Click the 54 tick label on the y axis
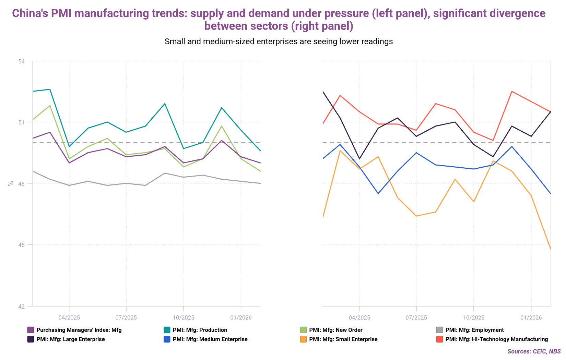pyautogui.click(x=22, y=61)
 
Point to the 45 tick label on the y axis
pyautogui.click(x=22, y=245)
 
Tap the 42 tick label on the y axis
pyautogui.click(x=22, y=306)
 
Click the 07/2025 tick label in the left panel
pyautogui.click(x=126, y=317)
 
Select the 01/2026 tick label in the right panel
pyautogui.click(x=531, y=317)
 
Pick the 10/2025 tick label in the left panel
pyautogui.click(x=183, y=317)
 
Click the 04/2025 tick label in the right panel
pyautogui.click(x=359, y=317)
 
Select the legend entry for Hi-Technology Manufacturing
pyautogui.click(x=496, y=339)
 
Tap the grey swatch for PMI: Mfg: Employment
pyautogui.click(x=439, y=330)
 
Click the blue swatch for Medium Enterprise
pyautogui.click(x=167, y=339)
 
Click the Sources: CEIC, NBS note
pyautogui.click(x=534, y=351)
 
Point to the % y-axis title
pyautogui.click(x=10, y=183)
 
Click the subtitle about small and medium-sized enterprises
pyautogui.click(x=279, y=41)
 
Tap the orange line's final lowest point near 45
pyautogui.click(x=551, y=249)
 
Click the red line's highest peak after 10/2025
pyautogui.click(x=512, y=92)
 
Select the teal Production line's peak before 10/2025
pyautogui.click(x=165, y=104)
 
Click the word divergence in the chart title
pyautogui.click(x=517, y=13)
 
